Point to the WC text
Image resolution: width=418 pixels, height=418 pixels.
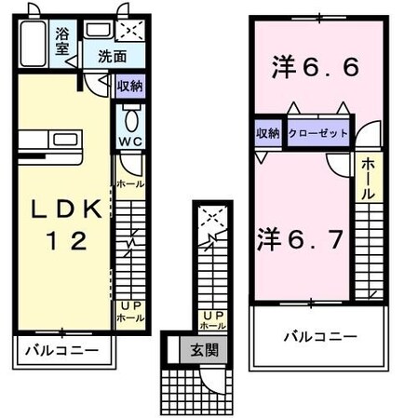pyautogui.click(x=129, y=142)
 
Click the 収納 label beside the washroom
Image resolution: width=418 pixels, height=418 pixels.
pyautogui.click(x=129, y=87)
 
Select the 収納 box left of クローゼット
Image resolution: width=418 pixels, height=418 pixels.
pyautogui.click(x=267, y=133)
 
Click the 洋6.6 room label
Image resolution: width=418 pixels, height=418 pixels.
pyautogui.click(x=316, y=68)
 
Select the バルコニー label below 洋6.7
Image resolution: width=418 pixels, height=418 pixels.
pyautogui.click(x=318, y=336)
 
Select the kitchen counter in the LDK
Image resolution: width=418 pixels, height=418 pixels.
pyautogui.click(x=52, y=142)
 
